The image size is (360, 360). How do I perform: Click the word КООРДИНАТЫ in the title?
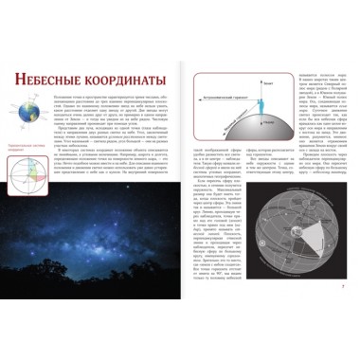tap(126, 80)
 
